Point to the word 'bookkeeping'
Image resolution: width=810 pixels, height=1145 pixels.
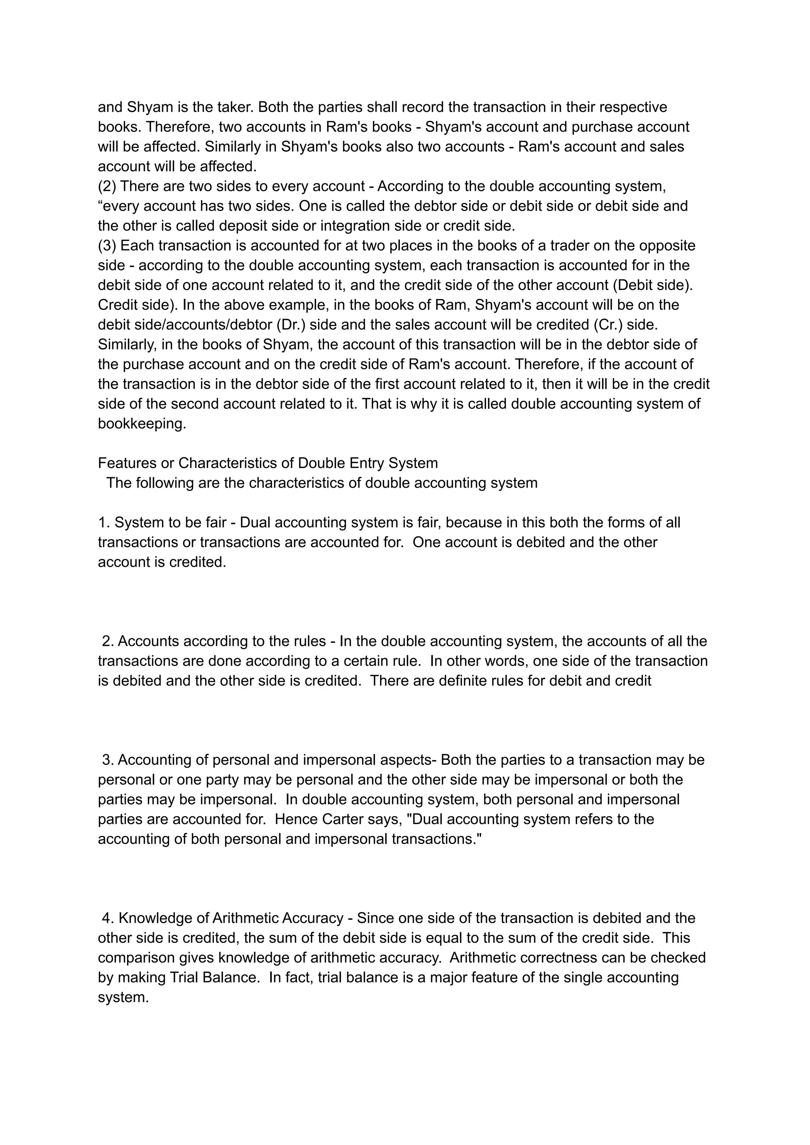click(142, 424)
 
